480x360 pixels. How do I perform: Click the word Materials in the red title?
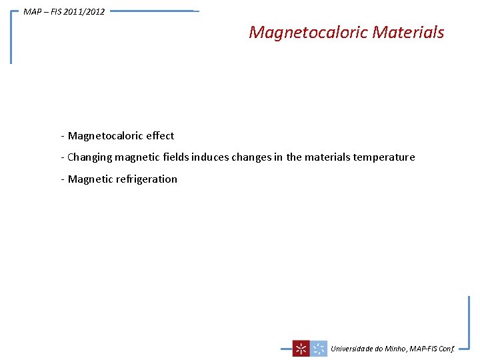[408, 32]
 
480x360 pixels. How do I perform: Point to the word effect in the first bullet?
[160, 136]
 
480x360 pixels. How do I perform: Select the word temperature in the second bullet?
[384, 157]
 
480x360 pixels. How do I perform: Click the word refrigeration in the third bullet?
[147, 179]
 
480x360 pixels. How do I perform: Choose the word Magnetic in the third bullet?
[90, 179]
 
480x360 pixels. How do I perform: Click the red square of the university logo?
[301, 348]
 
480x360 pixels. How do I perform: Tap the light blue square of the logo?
[319, 348]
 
